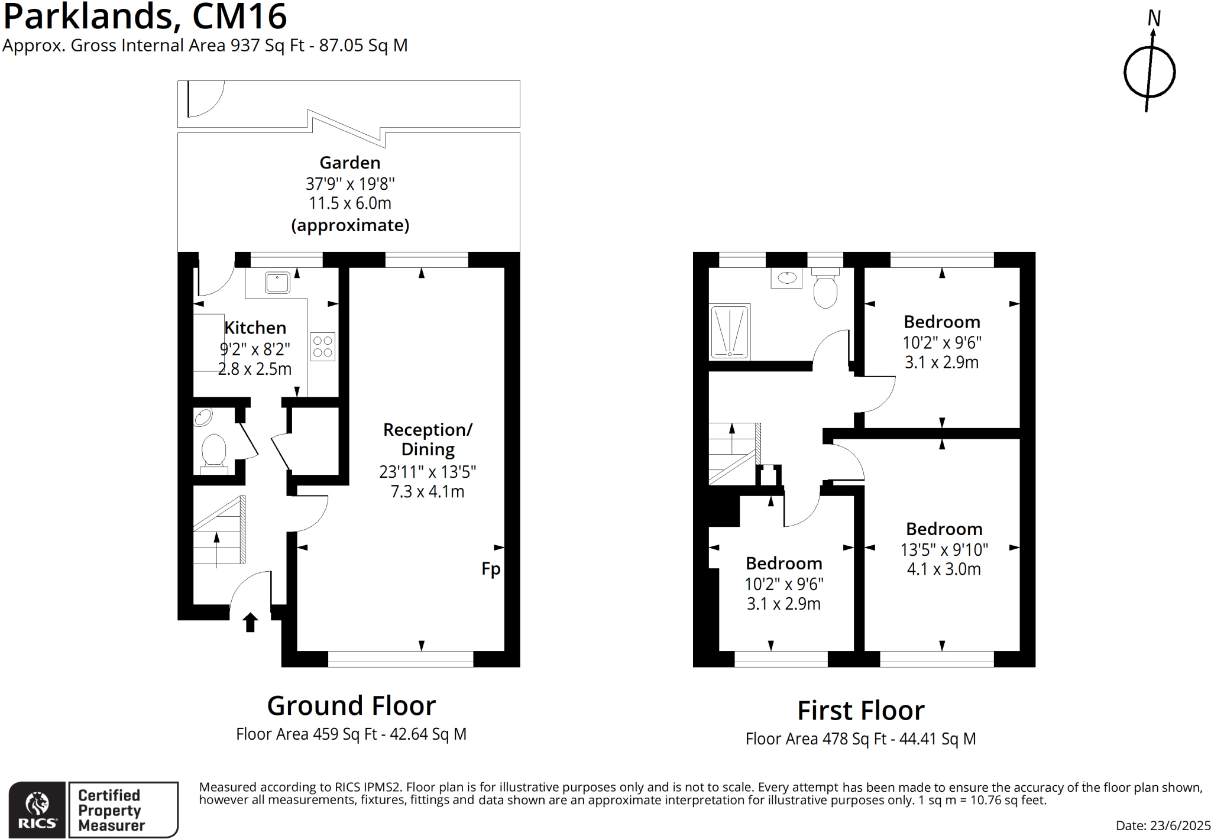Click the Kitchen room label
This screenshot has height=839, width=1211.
click(x=255, y=328)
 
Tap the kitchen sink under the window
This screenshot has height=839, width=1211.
click(x=277, y=283)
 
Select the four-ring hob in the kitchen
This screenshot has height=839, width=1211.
click(x=322, y=346)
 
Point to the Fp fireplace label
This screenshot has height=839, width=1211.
click(x=491, y=569)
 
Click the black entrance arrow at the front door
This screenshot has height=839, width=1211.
click(x=250, y=622)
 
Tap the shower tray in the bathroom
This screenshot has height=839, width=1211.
click(x=730, y=332)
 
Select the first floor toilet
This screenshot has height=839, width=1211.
click(x=825, y=289)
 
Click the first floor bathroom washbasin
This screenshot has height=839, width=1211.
click(x=786, y=277)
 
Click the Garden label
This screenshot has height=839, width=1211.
click(x=349, y=163)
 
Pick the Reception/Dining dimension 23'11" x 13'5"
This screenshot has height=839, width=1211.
click(x=428, y=472)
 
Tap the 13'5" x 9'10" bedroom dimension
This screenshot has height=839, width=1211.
click(x=944, y=550)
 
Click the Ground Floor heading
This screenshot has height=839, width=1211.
click(x=351, y=705)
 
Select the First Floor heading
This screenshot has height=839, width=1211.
click(x=860, y=710)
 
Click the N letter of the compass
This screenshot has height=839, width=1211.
click(x=1154, y=18)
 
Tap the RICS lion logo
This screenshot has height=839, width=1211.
click(x=37, y=804)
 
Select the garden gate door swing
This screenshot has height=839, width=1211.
click(x=205, y=99)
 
